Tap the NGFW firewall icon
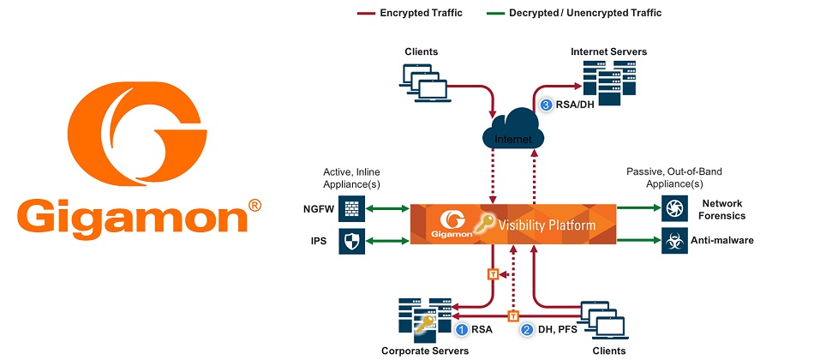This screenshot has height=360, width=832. pyautogui.click(x=351, y=207)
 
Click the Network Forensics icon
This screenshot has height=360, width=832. pyautogui.click(x=672, y=207)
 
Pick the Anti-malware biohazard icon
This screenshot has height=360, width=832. pyautogui.click(x=672, y=240)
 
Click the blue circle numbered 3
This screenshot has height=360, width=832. pyautogui.click(x=548, y=105)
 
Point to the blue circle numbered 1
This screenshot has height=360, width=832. pyautogui.click(x=462, y=328)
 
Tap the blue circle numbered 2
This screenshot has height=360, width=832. pyautogui.click(x=528, y=328)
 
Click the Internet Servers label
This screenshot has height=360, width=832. pyautogui.click(x=608, y=52)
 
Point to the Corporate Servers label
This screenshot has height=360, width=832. pyautogui.click(x=425, y=351)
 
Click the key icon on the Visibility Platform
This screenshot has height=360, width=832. pyautogui.click(x=487, y=224)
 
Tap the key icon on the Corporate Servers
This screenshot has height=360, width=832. pyautogui.click(x=424, y=325)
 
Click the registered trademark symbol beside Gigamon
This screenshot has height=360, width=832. pyautogui.click(x=254, y=207)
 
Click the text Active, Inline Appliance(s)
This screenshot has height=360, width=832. pyautogui.click(x=353, y=177)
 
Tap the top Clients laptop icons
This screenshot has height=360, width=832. pyautogui.click(x=422, y=79)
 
